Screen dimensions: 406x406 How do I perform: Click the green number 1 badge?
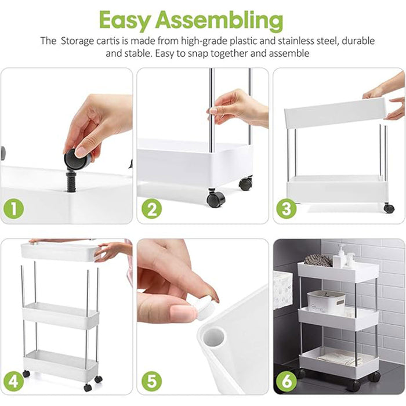pos(14,209)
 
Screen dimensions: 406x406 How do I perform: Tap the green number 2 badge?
pos(151,209)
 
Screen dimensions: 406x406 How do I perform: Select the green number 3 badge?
pos(286,209)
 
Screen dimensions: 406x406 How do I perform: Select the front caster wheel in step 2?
pos(216,199)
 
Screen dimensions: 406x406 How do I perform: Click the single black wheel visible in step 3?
pos(389,208)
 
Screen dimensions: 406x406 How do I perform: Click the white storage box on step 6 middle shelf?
pos(326,301)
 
